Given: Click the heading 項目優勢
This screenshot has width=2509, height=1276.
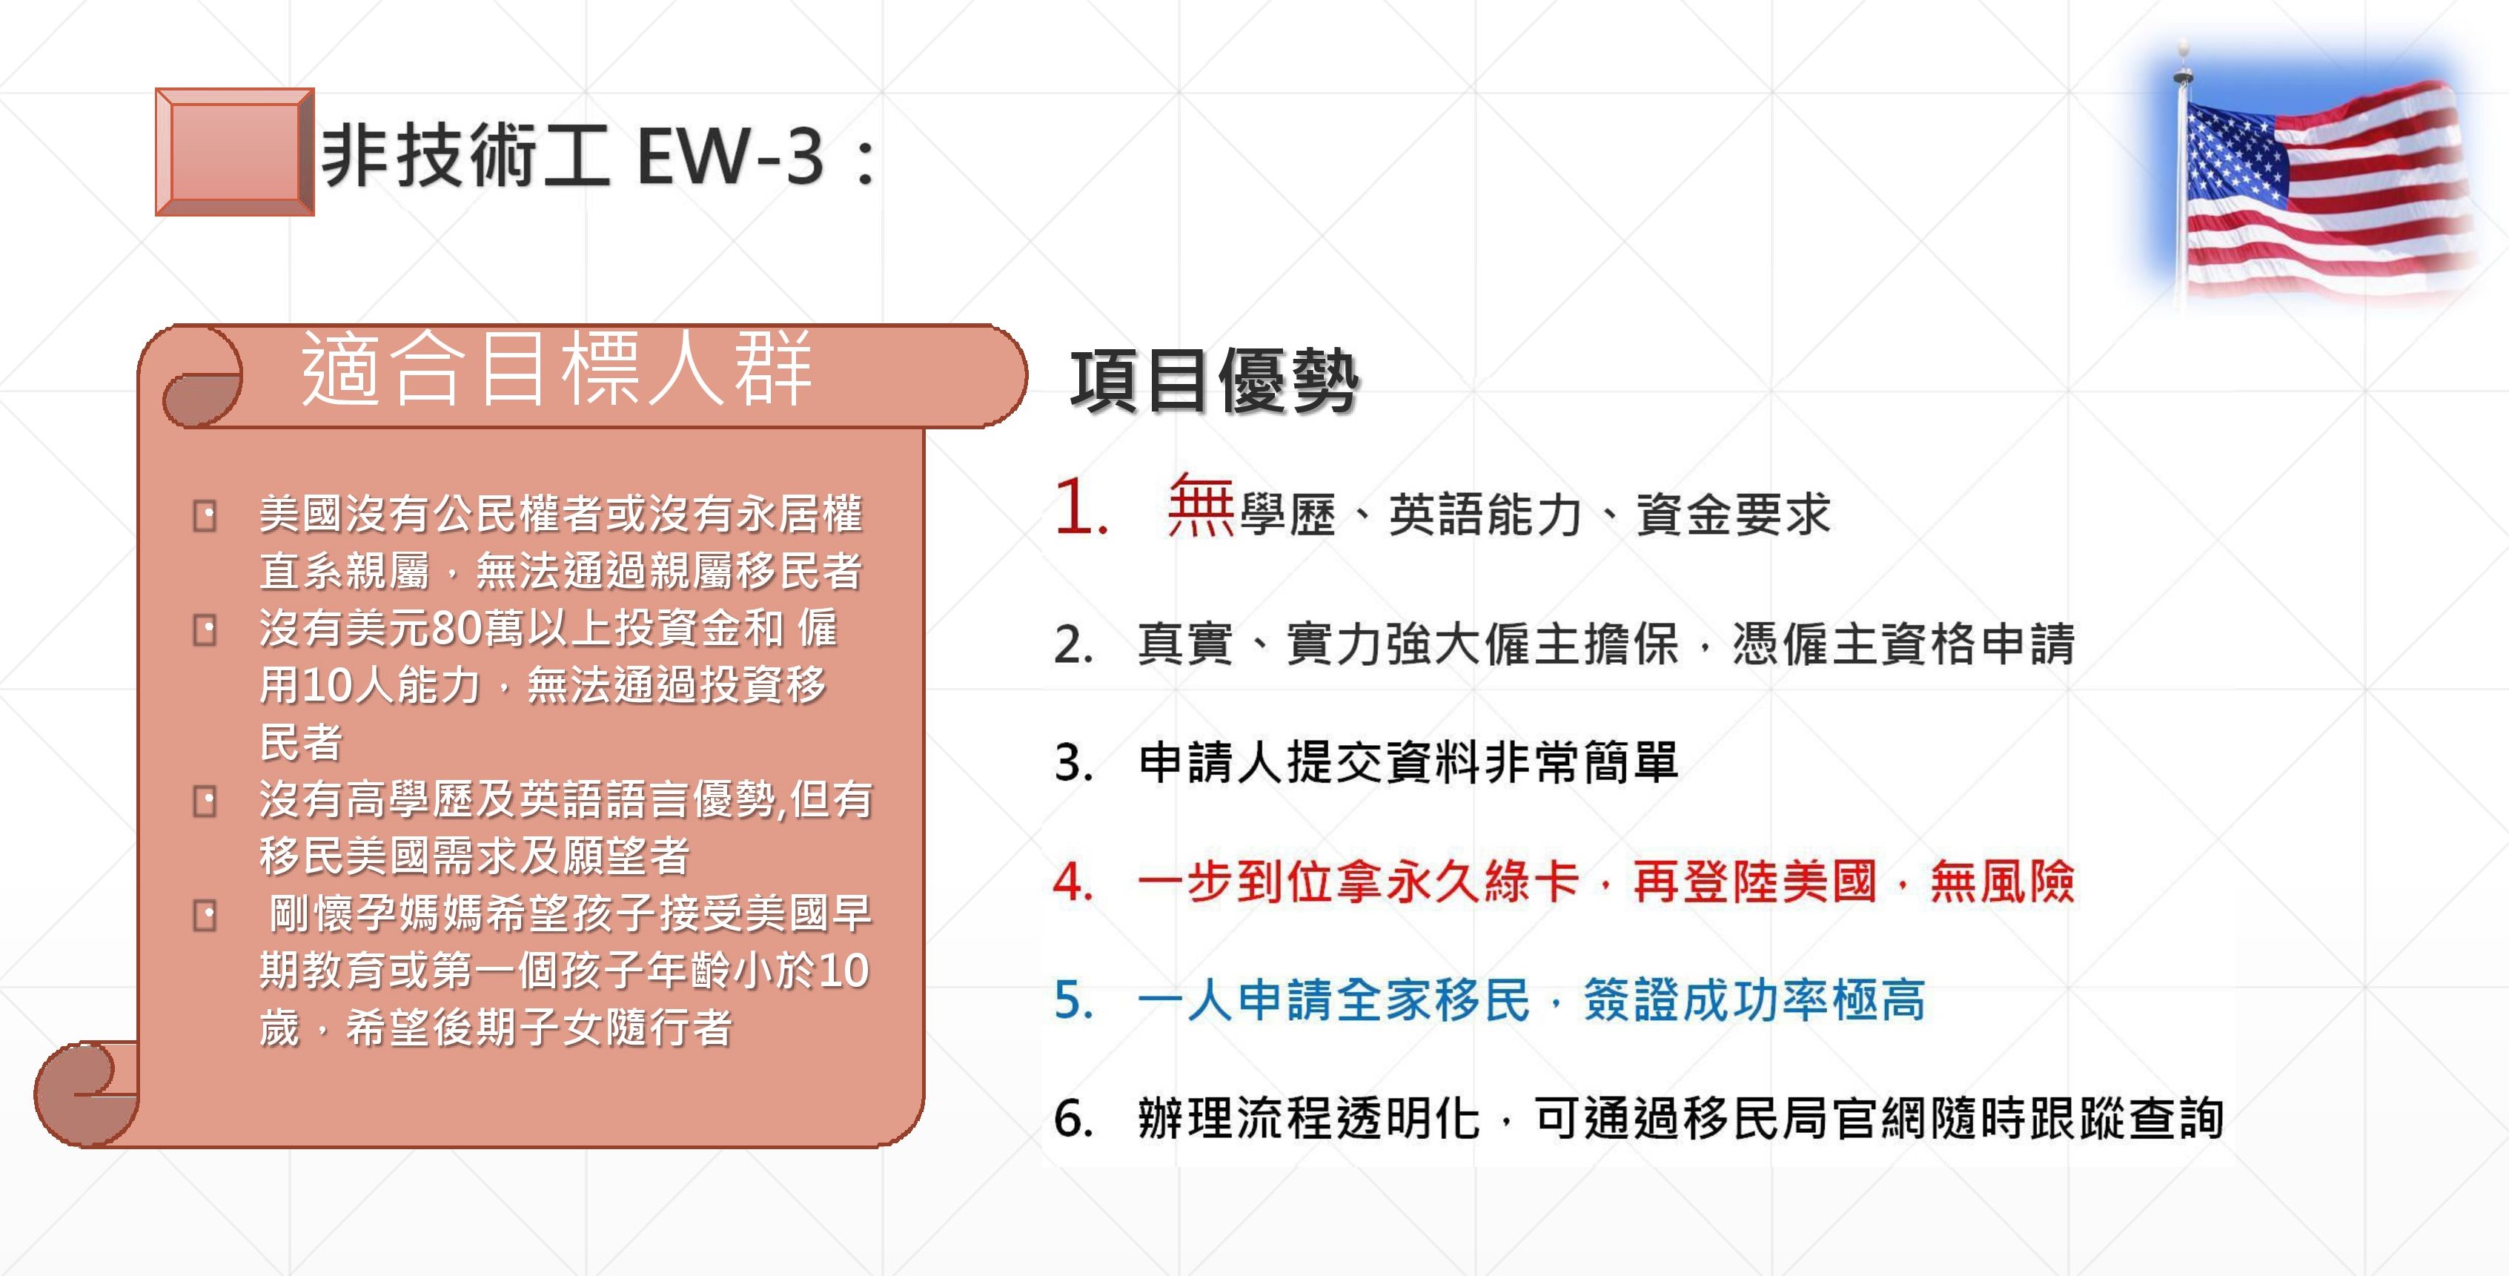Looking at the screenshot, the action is [1213, 381].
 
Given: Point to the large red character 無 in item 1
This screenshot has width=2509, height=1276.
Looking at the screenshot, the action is [1201, 505].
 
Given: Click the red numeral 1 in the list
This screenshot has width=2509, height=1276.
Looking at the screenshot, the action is [1080, 506].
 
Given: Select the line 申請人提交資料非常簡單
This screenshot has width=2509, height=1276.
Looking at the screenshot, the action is [1408, 761].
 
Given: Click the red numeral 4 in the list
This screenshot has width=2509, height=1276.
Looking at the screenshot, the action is [1073, 882].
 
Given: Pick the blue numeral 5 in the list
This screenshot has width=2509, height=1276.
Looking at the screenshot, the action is [1073, 1000].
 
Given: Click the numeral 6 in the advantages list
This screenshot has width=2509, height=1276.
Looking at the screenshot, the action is [1073, 1118].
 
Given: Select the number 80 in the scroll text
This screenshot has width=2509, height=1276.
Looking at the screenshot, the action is [454, 628].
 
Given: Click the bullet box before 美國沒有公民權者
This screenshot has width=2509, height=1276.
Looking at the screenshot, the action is [205, 515].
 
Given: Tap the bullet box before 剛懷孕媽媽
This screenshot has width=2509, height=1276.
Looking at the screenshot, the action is [205, 916].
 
